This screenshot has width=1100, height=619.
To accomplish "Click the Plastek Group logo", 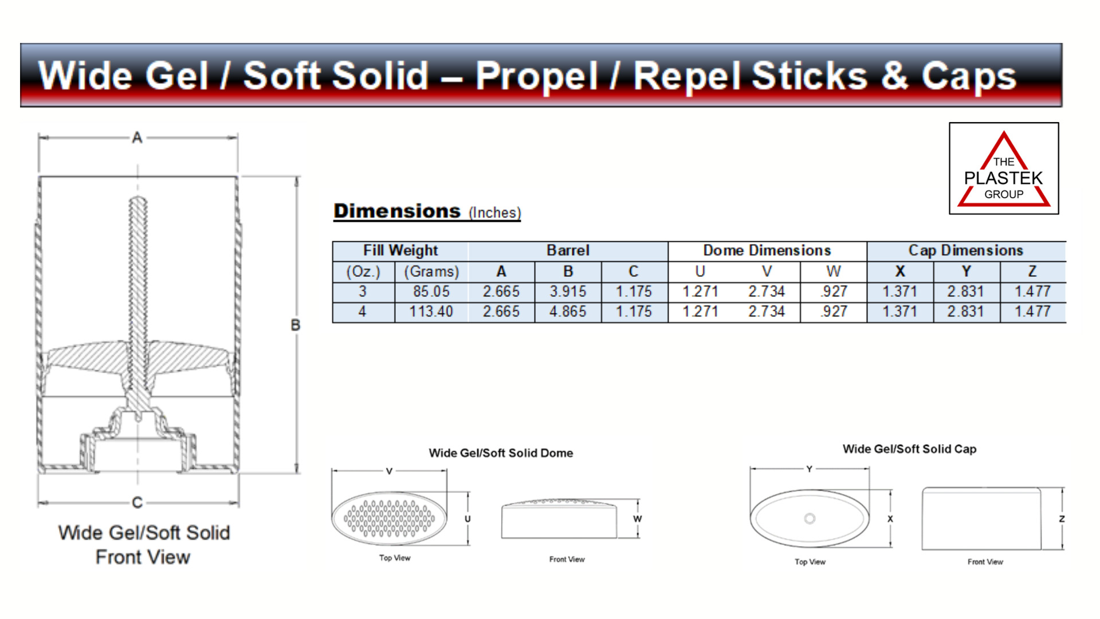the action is click(1004, 169).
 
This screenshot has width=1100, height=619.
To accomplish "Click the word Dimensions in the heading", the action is click(397, 211).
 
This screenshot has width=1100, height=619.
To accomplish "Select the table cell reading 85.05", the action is click(431, 291).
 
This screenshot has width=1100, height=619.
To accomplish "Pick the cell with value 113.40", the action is click(431, 311).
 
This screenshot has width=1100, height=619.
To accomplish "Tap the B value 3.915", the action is click(568, 291).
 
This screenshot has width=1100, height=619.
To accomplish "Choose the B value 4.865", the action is click(568, 311).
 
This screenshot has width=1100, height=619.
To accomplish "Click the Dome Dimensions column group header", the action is click(767, 250).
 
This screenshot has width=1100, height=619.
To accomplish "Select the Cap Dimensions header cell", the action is click(966, 250).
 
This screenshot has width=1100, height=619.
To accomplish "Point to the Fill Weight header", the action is click(400, 250).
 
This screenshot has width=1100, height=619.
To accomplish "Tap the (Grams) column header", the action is click(431, 271).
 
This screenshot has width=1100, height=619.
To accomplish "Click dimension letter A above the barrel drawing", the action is click(137, 138).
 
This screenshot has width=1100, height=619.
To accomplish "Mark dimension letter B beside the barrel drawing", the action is click(296, 325).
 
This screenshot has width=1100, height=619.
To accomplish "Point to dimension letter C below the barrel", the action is click(137, 503).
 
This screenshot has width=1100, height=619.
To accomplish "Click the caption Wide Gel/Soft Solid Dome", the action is click(501, 453).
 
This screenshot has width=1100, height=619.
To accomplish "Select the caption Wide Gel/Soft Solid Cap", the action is click(909, 449).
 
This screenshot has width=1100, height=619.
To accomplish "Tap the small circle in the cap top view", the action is click(810, 519).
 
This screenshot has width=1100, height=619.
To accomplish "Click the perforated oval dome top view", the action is click(389, 518).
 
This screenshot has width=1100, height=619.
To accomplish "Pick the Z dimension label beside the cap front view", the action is click(1062, 519).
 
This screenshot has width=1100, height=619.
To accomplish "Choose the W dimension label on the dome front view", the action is click(638, 519).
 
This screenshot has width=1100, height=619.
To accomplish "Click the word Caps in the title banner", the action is click(969, 76).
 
